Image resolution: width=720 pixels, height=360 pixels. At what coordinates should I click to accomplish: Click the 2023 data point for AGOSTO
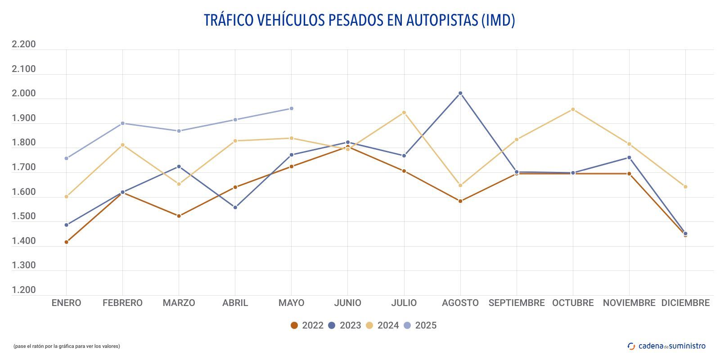(x=460, y=93)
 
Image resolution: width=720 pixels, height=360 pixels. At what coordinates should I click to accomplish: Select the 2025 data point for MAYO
(x=292, y=108)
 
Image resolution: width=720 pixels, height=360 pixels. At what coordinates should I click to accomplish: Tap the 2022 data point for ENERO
(x=67, y=242)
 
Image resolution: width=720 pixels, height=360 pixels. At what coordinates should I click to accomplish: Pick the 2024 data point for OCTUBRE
(x=573, y=109)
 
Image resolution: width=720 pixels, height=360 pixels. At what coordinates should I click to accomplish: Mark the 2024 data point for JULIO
(x=404, y=112)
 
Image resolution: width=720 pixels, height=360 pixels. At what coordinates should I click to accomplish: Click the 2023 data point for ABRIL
(x=235, y=207)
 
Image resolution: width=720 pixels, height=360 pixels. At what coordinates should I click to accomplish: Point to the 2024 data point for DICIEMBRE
(x=685, y=187)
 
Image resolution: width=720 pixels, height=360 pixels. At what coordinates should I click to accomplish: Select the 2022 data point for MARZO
(x=179, y=216)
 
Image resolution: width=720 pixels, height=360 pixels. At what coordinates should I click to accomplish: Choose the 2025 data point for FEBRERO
(x=123, y=123)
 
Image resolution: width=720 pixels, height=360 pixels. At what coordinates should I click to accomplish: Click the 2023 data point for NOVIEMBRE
(x=629, y=157)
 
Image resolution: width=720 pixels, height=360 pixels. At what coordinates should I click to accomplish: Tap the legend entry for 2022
(x=307, y=325)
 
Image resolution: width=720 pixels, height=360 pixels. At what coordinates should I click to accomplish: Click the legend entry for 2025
(x=420, y=325)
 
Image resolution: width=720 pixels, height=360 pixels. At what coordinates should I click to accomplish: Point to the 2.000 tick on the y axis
(x=23, y=94)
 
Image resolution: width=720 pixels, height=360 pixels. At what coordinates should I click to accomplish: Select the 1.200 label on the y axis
(x=23, y=290)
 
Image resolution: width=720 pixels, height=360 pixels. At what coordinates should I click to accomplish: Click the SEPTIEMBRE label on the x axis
(x=517, y=303)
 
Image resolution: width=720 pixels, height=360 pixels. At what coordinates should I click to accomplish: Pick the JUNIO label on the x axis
(x=347, y=303)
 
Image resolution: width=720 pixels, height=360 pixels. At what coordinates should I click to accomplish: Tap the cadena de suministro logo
(x=666, y=346)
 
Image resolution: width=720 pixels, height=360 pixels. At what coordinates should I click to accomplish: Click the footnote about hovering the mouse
(x=67, y=346)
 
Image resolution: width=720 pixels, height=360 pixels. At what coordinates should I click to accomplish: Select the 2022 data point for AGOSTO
(x=460, y=201)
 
